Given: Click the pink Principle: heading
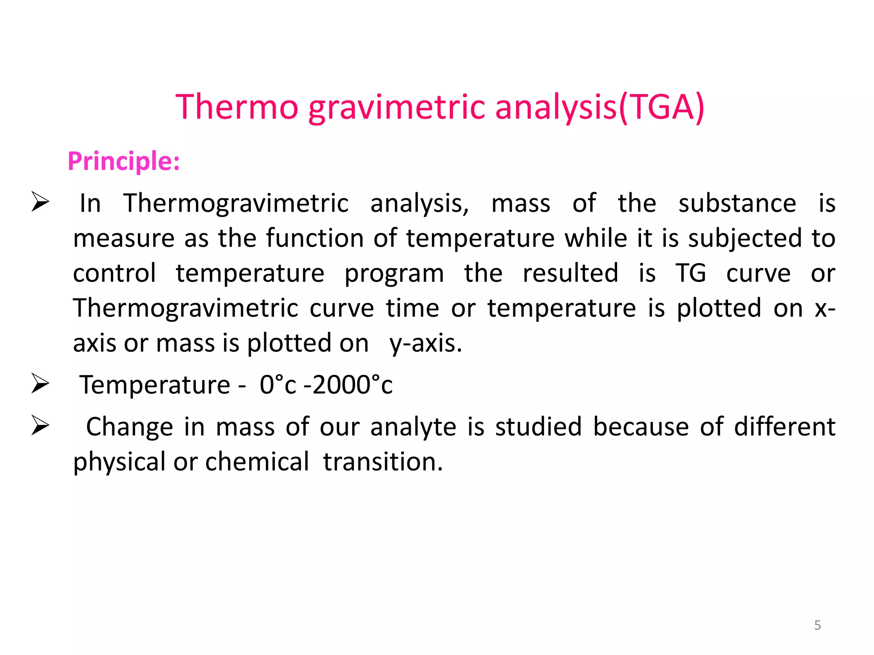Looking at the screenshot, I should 124,161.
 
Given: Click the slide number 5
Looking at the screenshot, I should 817,625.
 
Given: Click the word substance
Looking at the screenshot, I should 737,203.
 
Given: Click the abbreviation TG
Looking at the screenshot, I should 690,273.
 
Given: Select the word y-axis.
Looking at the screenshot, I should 425,344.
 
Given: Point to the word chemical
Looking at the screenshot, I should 257,462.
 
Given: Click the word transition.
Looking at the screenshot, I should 383,462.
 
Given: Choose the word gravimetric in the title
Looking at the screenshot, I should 396,107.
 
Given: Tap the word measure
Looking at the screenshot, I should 124,239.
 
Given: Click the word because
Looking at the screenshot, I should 641,427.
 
